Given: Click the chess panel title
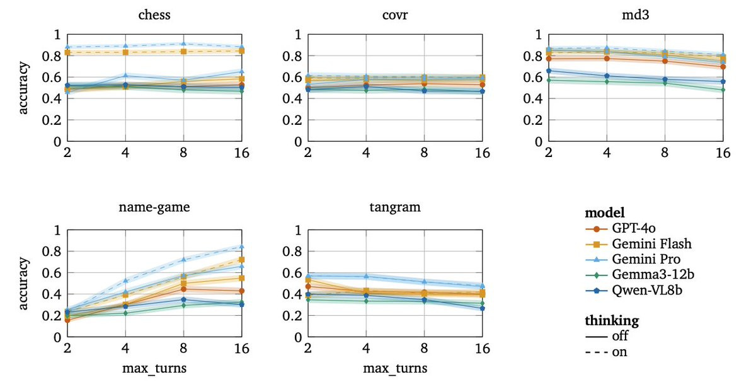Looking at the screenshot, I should tap(155, 16).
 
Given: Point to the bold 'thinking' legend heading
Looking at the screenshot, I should tap(612, 321).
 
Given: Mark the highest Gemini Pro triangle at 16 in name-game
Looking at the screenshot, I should tap(241, 247).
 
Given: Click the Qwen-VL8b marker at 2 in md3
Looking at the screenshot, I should tap(549, 71).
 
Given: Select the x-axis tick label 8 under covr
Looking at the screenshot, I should tap(425, 153).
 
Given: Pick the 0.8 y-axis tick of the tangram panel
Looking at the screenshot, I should tap(290, 251).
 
